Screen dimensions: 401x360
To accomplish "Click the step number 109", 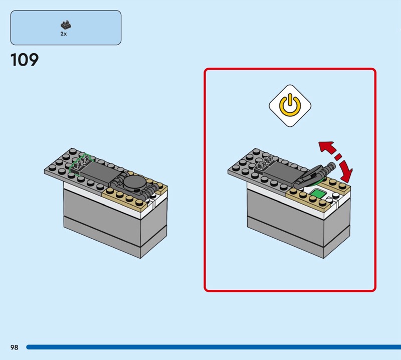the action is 25,60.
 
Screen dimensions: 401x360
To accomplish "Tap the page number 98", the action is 15,347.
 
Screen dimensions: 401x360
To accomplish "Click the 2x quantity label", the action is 64,34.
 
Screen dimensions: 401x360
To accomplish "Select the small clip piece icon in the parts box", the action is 66,25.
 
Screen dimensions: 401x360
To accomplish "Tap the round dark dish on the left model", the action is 134,183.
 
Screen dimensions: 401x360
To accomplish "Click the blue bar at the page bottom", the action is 214,347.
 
